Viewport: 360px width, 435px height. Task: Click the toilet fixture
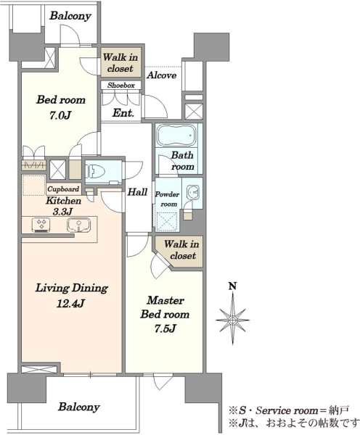pos(96,171)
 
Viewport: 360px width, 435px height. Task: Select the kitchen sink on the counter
pos(79,225)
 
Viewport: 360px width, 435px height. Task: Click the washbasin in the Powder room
pos(193,191)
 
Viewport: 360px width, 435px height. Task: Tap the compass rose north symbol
pos(232,320)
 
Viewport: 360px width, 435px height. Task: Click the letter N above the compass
pos(232,286)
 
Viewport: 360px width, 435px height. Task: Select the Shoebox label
pos(121,86)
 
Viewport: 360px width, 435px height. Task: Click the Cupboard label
pos(63,189)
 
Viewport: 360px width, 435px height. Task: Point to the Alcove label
pos(162,75)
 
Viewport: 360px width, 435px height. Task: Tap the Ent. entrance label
pos(123,113)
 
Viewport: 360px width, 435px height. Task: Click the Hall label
pos(137,191)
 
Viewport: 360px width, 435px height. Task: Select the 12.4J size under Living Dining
pos(70,304)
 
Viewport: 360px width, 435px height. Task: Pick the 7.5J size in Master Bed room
pos(165,328)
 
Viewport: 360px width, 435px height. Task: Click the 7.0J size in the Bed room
pos(60,115)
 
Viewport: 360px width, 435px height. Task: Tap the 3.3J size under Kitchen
pos(62,212)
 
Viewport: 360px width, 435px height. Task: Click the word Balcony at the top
pos(70,16)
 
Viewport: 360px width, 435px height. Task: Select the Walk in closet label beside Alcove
pos(120,62)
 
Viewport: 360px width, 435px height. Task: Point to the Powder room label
pos(167,199)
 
